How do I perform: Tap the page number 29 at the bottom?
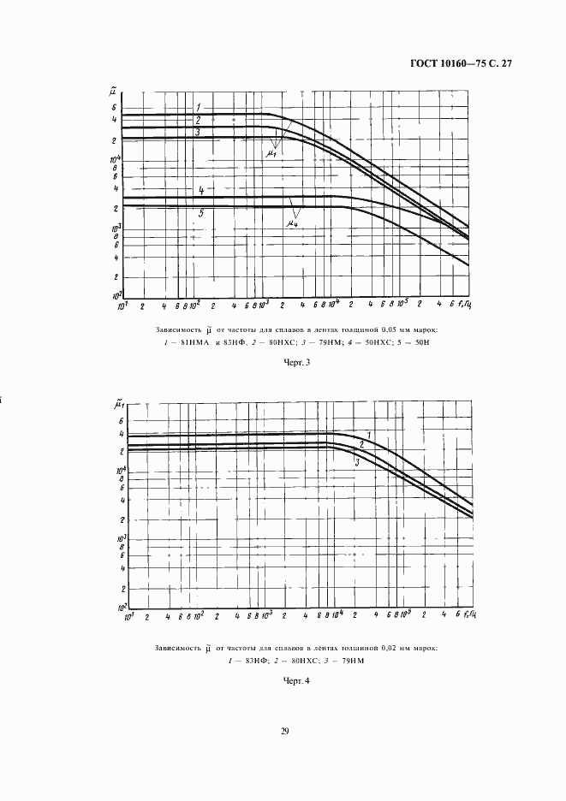284,730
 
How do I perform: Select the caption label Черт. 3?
295,362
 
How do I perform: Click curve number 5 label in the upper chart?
201,212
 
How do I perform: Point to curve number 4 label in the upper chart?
200,189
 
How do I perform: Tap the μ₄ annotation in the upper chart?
292,223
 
